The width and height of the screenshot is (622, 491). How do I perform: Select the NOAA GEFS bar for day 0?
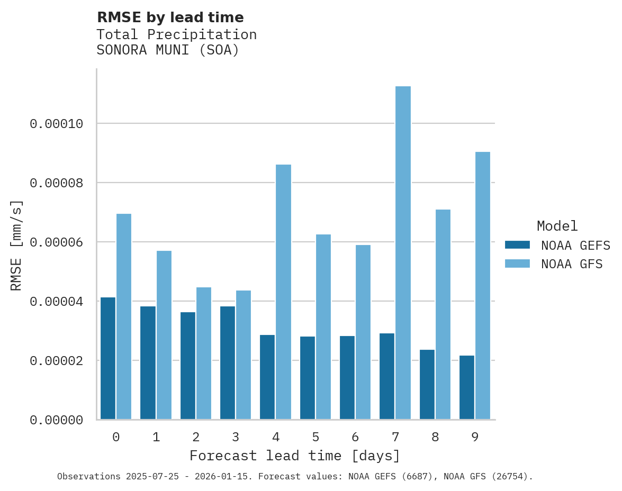(108, 358)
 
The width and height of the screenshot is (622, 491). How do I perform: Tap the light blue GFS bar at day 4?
(283, 292)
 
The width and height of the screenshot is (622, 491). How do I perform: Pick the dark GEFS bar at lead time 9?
(467, 387)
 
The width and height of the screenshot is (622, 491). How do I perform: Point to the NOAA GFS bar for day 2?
(204, 353)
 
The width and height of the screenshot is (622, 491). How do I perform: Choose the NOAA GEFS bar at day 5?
(307, 378)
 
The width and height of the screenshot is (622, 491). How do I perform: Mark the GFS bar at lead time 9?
(483, 286)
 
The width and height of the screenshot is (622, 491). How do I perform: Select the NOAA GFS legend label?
(572, 264)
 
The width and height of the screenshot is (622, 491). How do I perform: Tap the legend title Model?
(557, 226)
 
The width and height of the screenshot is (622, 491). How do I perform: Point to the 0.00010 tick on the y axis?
(57, 124)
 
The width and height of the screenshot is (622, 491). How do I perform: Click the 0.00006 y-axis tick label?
(57, 242)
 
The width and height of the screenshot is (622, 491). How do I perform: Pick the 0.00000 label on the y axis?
(57, 420)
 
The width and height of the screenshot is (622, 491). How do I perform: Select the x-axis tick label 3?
(236, 437)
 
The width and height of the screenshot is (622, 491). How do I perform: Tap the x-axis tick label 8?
(435, 437)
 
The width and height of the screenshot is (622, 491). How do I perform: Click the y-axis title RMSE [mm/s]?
(16, 245)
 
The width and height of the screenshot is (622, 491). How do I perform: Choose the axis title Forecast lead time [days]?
(295, 456)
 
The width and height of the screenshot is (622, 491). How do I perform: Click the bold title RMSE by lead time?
(170, 17)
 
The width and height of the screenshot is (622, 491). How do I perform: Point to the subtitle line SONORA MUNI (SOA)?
(168, 50)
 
